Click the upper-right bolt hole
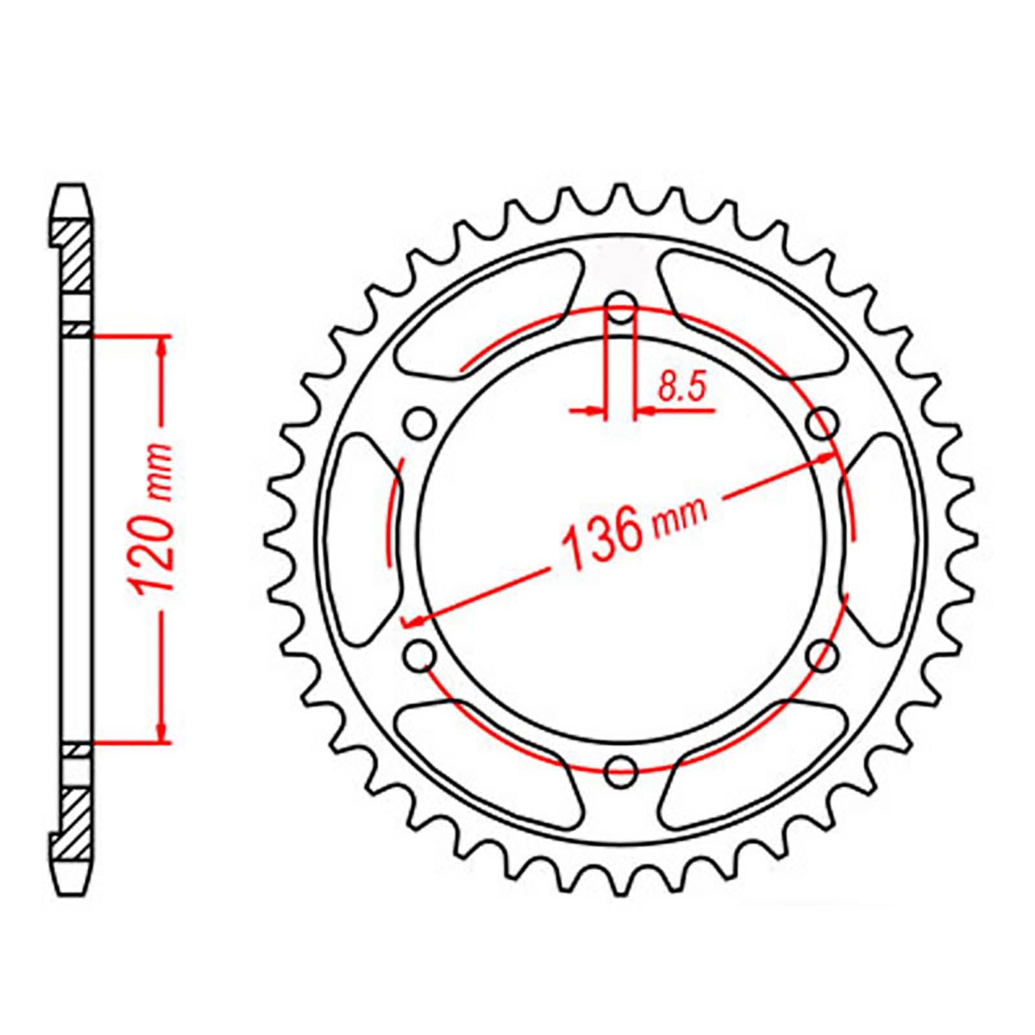[823, 425]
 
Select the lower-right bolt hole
[823, 655]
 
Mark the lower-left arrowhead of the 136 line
[414, 622]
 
